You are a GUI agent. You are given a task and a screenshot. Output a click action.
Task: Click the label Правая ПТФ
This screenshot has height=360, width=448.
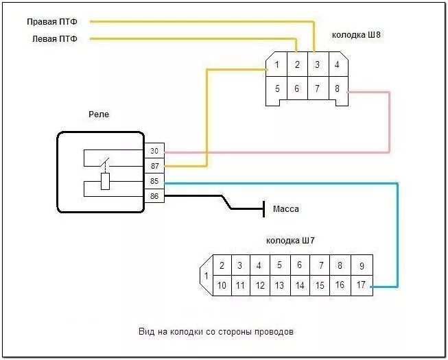pos(52,22)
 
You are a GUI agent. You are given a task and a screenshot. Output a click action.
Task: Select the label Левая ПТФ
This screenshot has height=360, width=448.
pos(55,39)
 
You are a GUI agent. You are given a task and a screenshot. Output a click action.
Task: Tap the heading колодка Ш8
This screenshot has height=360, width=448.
pos(356,34)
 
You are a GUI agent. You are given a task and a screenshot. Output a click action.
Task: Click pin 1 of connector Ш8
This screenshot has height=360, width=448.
pos(276,65)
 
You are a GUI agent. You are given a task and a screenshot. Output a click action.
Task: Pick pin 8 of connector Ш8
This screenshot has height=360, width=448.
pos(337,88)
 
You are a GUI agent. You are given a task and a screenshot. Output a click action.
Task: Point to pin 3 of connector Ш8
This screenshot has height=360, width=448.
pos(317,65)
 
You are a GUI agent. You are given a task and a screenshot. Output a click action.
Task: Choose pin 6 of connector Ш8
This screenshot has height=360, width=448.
pos(297,88)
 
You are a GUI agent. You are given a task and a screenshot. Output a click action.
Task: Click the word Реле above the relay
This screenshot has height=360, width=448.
pos(99,115)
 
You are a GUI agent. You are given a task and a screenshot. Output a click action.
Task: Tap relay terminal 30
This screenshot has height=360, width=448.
pos(154,151)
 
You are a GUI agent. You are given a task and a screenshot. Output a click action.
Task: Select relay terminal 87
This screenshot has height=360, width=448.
pos(154,166)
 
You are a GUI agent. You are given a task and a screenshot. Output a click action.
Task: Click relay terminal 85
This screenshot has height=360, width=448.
pos(154,182)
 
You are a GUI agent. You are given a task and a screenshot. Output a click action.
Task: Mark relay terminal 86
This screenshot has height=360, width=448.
pos(154,197)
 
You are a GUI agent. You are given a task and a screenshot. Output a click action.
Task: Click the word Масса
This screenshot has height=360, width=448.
pos(286,209)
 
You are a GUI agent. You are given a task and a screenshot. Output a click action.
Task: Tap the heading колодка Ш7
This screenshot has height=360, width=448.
pos(290,241)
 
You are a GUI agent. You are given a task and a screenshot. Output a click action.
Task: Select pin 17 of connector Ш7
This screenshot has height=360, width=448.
pos(362,285)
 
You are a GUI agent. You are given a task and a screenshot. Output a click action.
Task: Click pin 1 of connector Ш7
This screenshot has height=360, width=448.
pos(205,276)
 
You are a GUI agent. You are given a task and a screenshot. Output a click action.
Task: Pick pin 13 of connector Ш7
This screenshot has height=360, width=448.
pos(279,285)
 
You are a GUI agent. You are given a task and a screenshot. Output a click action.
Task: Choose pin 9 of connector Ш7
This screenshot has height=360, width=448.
pos(362,265)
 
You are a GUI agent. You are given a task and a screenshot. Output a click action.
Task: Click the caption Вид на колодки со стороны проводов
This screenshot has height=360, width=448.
pos(215,332)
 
